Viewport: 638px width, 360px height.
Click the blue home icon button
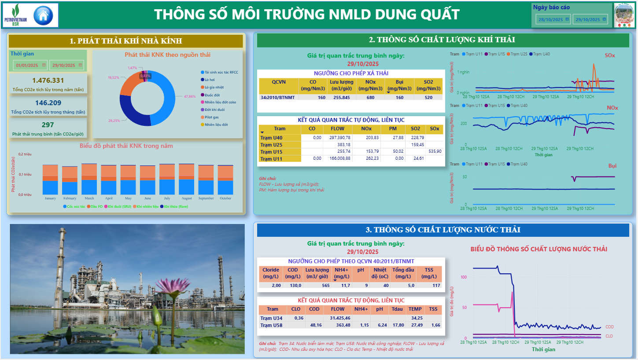click(43, 15)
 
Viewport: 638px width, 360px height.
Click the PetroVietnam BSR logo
click(15, 15)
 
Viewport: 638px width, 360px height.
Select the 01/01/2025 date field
click(27, 65)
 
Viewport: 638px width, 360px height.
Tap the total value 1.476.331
click(48, 81)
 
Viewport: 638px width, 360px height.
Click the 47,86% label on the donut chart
click(190, 96)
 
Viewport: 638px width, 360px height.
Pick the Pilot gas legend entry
click(211, 117)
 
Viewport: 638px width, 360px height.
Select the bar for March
click(89, 179)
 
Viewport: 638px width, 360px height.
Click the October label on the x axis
click(225, 198)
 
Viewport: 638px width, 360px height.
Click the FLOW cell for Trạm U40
click(337, 138)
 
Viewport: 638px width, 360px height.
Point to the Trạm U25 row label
click(271, 144)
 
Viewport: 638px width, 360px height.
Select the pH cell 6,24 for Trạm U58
click(382, 325)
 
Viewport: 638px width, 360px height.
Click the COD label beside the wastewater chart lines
click(609, 327)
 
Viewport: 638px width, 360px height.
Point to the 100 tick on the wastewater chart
click(462, 277)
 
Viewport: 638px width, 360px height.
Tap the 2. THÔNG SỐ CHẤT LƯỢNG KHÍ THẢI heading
click(442, 40)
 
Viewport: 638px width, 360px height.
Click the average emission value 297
click(48, 125)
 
